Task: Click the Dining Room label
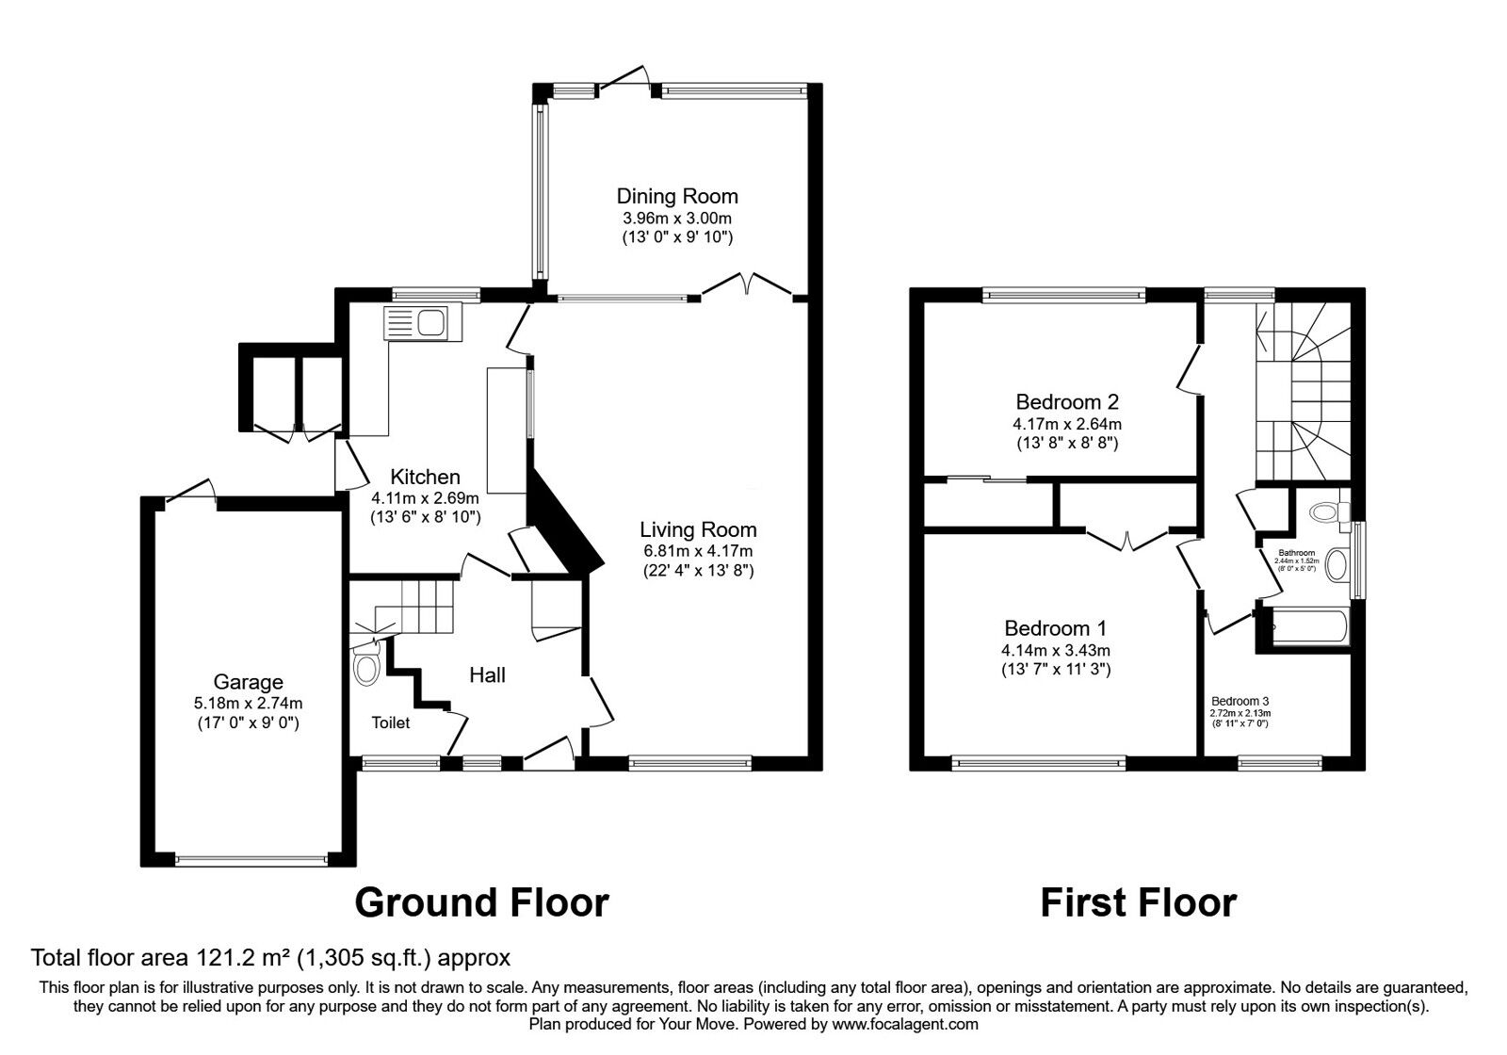tap(676, 196)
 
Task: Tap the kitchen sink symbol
tap(419, 323)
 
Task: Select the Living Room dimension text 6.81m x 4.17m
tap(697, 550)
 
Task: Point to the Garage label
tap(248, 682)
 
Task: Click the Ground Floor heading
tap(481, 902)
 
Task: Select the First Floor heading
tap(1138, 902)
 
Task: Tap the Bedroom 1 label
tap(1055, 628)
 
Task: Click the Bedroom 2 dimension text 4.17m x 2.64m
tap(1066, 424)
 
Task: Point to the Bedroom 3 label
tap(1240, 701)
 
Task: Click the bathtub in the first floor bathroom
tap(1309, 627)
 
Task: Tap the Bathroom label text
tap(1296, 553)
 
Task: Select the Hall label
tap(487, 674)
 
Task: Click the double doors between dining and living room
tap(747, 285)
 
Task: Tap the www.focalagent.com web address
tap(904, 1024)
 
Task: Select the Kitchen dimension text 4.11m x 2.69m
tap(425, 497)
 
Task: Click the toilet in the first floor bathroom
tap(1326, 512)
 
